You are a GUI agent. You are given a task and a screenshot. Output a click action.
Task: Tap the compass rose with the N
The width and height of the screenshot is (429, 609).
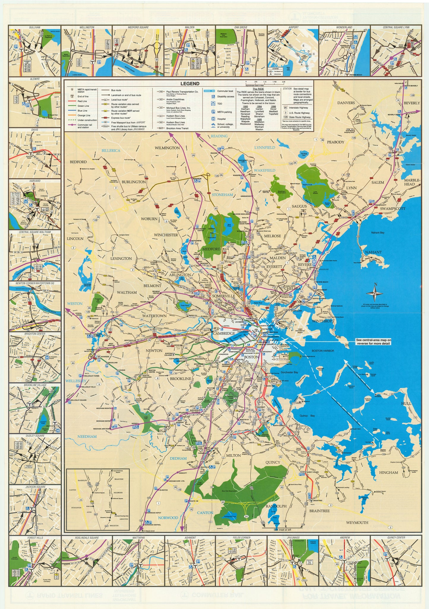coord(375,294)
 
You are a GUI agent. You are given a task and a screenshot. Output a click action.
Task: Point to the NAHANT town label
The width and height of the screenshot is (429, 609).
coord(373,252)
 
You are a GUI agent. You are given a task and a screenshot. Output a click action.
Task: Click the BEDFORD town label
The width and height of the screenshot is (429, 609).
coord(78,162)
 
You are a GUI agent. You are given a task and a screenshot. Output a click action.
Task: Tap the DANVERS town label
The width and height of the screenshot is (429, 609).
coord(346,103)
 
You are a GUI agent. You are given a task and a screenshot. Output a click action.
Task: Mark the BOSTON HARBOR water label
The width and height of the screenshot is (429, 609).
coord(321,351)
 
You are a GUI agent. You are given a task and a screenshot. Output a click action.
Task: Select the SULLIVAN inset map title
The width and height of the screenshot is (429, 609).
coord(35,27)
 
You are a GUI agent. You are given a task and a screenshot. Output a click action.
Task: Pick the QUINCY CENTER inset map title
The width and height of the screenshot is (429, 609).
coord(396,538)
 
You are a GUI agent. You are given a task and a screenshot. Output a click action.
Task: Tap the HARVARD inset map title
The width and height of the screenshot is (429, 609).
coord(35,181)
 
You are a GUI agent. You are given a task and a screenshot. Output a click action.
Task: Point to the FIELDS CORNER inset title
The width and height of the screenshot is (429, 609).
coord(241,538)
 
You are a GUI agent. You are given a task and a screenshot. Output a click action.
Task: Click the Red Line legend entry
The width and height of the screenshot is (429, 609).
coord(82,101)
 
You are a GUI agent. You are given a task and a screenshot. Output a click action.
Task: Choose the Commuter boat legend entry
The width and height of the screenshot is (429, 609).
coord(225,91)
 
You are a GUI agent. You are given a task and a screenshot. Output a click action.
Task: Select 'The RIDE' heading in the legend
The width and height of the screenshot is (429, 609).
coord(258,89)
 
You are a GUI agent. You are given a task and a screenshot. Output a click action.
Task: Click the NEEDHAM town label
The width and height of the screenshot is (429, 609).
coord(87,436)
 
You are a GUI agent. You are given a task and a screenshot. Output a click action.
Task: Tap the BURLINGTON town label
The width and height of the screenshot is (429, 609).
coord(134,182)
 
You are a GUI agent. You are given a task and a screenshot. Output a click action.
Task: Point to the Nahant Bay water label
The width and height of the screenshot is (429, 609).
coord(378,233)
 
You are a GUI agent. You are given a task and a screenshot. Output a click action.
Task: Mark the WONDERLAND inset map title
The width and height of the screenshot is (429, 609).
coord(344,27)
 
